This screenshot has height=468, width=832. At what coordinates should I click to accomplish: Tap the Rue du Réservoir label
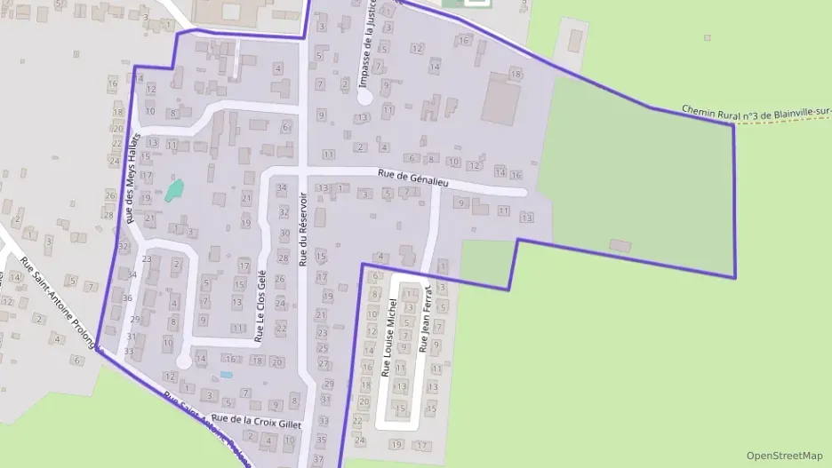click(x=304, y=230)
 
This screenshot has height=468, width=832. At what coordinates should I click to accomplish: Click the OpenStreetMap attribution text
click(x=784, y=456)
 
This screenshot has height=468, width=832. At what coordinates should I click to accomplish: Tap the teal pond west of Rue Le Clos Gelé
click(x=174, y=189)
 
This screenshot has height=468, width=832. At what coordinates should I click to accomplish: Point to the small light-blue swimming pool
click(x=226, y=375)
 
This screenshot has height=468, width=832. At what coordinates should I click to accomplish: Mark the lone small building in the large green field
click(x=620, y=245)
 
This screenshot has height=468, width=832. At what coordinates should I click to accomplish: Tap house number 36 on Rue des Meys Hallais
click(x=127, y=298)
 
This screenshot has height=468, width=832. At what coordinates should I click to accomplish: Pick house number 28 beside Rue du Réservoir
click(x=283, y=258)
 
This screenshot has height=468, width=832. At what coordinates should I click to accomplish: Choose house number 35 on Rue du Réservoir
click(x=321, y=440)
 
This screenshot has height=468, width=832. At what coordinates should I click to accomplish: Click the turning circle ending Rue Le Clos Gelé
click(x=183, y=361)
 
